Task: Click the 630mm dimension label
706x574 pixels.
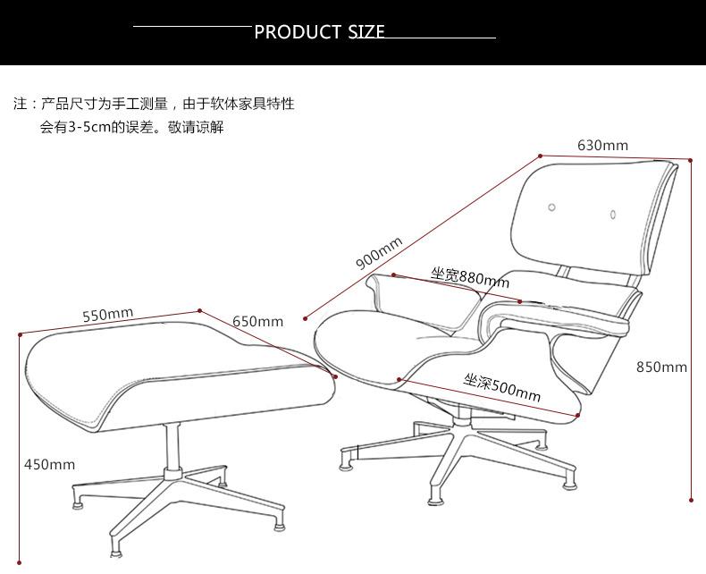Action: pyautogui.click(x=602, y=145)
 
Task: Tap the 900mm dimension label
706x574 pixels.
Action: pyautogui.click(x=379, y=254)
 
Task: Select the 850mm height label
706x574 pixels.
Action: pyautogui.click(x=661, y=367)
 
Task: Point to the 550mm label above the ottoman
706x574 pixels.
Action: pyautogui.click(x=107, y=315)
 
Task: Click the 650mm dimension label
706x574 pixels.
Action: pyautogui.click(x=257, y=322)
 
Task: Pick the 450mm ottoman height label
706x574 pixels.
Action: pyautogui.click(x=49, y=464)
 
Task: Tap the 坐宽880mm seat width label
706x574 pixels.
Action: pyautogui.click(x=470, y=277)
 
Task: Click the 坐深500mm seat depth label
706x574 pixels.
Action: pyautogui.click(x=502, y=387)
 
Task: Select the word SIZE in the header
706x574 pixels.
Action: pyautogui.click(x=366, y=33)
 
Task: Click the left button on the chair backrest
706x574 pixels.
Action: pyautogui.click(x=551, y=207)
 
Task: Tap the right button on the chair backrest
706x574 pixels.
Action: pyautogui.click(x=614, y=214)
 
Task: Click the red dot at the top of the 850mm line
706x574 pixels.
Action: pyautogui.click(x=691, y=160)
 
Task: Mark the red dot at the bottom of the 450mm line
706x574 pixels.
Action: pyautogui.click(x=20, y=562)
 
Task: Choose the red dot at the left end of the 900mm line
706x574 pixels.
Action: pyautogui.click(x=306, y=317)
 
